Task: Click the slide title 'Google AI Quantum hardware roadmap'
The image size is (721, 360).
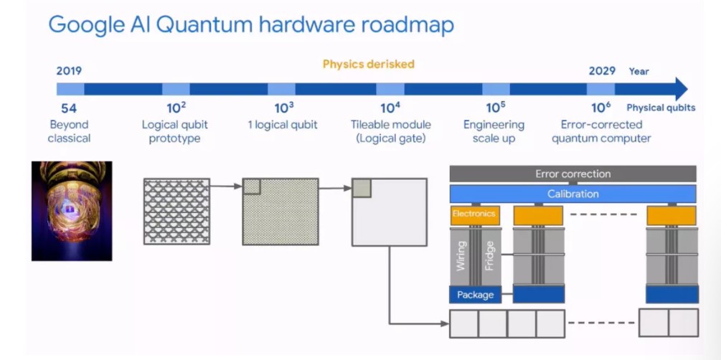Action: (x=250, y=25)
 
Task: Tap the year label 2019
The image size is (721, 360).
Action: (x=69, y=71)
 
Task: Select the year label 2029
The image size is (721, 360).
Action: (x=602, y=71)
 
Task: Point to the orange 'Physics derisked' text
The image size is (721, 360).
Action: (x=368, y=64)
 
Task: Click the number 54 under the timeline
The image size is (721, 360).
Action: (x=69, y=108)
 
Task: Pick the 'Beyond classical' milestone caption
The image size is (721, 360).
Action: (x=69, y=131)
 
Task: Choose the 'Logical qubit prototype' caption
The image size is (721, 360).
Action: (x=175, y=131)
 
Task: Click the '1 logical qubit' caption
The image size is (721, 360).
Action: (x=283, y=125)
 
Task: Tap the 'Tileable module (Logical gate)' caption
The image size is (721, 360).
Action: (x=390, y=131)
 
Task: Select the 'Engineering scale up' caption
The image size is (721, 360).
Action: (x=494, y=131)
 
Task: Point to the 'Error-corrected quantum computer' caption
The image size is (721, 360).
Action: (x=601, y=131)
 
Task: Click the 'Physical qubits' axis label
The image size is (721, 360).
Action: (x=661, y=108)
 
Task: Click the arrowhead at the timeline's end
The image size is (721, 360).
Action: (x=680, y=89)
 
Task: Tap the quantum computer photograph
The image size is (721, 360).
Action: (x=72, y=209)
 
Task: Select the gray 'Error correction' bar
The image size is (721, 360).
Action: (x=572, y=174)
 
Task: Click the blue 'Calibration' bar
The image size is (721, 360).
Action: (x=572, y=194)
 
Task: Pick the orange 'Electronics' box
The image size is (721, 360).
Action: (x=475, y=214)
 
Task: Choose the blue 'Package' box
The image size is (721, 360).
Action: (x=475, y=294)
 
